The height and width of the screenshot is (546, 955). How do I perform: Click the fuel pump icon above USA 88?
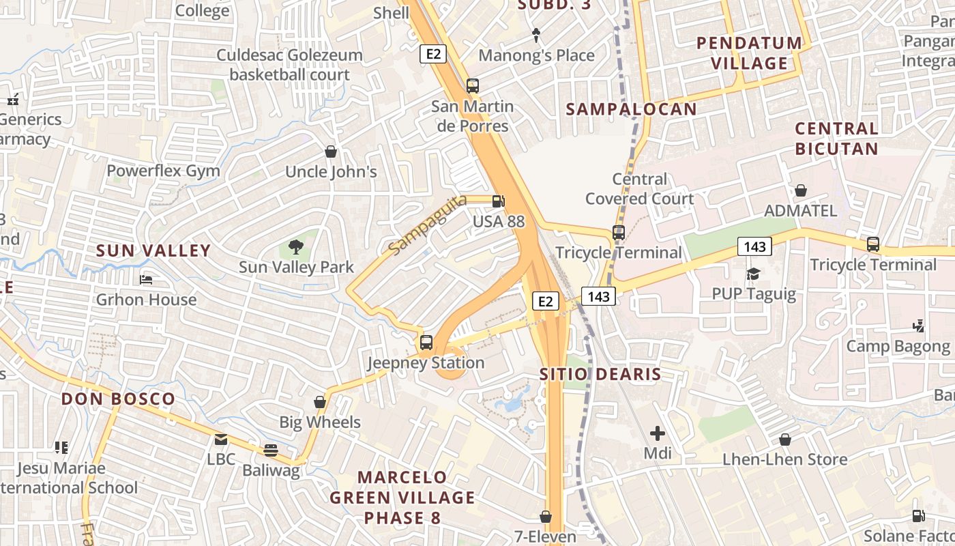pyautogui.click(x=499, y=201)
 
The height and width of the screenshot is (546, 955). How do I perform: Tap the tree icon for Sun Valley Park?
pyautogui.click(x=296, y=246)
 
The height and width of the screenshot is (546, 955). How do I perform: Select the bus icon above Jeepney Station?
pyautogui.click(x=426, y=343)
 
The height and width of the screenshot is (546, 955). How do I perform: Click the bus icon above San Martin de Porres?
pyautogui.click(x=472, y=86)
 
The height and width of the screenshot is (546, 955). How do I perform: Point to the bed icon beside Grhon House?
pyautogui.click(x=146, y=279)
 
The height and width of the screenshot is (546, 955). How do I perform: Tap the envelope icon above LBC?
pyautogui.click(x=221, y=440)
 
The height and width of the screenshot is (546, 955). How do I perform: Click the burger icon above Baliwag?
pyautogui.click(x=271, y=450)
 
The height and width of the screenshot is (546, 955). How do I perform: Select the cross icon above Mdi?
pyautogui.click(x=658, y=433)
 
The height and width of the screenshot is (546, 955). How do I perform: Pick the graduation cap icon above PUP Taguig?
pyautogui.click(x=753, y=274)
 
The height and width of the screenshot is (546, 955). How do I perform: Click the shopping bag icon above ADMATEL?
pyautogui.click(x=801, y=190)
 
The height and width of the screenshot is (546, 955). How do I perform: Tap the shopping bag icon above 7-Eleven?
pyautogui.click(x=546, y=517)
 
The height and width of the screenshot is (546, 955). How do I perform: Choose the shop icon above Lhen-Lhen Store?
pyautogui.click(x=785, y=440)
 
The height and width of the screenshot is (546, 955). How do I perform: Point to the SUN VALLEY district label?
pyautogui.click(x=153, y=250)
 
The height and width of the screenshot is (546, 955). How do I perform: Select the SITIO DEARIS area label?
pyautogui.click(x=600, y=374)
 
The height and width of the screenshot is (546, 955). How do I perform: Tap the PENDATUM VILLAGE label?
pyautogui.click(x=750, y=53)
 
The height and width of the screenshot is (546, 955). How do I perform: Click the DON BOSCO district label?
pyautogui.click(x=118, y=399)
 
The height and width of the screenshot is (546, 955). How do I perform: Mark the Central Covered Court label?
pyautogui.click(x=639, y=189)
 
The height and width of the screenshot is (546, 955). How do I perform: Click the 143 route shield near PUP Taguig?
pyautogui.click(x=754, y=246)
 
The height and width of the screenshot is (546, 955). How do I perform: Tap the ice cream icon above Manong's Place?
pyautogui.click(x=536, y=35)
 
